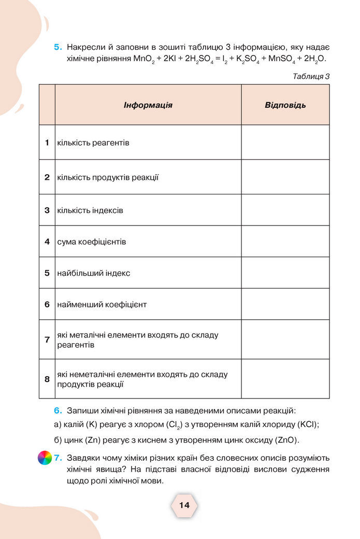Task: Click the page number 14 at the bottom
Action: coord(184,505)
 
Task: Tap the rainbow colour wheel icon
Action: coord(45,458)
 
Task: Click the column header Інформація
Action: coord(148,105)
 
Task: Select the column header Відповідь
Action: coord(285,105)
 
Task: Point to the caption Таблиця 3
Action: coord(311,76)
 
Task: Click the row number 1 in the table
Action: coord(47,142)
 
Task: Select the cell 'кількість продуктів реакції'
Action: coord(108,177)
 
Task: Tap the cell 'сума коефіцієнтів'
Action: coord(92,242)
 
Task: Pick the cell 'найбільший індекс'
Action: coord(94,273)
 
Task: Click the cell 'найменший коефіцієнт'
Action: coord(102,304)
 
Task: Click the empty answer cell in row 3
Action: coord(285,210)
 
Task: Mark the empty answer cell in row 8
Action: coord(285,379)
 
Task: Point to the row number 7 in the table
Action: coord(47,339)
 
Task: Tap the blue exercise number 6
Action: coord(58,410)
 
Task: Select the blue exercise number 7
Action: coord(58,458)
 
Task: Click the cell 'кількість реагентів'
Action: coord(93,142)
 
